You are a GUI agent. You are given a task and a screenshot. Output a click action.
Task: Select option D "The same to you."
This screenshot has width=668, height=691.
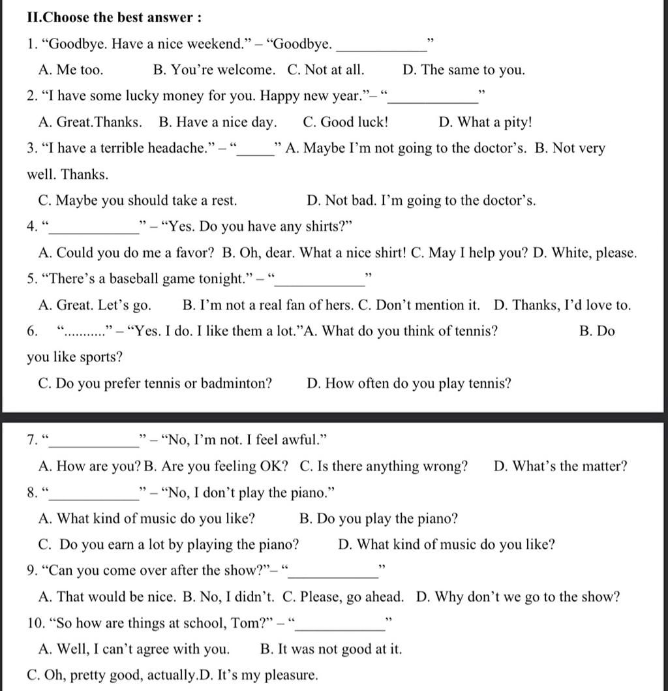point(464,70)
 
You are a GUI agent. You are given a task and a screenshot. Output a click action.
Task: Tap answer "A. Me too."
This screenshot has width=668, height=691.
point(70,70)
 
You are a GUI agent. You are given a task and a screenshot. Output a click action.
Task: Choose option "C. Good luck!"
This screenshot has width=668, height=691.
point(346,122)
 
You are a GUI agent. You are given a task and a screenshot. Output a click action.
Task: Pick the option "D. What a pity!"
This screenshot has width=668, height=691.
point(485,122)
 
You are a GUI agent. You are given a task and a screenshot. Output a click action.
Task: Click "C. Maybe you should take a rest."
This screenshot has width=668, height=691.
point(138,200)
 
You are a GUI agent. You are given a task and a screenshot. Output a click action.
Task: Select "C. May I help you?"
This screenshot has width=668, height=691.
point(470,253)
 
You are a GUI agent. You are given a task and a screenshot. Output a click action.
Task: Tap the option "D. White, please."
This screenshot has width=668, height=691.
point(584,253)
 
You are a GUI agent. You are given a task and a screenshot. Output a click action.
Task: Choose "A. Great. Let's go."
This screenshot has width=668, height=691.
point(95,305)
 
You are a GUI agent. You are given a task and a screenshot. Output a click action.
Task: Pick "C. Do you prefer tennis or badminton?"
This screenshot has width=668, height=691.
point(155,383)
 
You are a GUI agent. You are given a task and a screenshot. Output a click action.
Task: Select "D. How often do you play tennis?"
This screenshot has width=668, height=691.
point(408,383)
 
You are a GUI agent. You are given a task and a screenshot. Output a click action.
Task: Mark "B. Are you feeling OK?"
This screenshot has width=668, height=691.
point(216,467)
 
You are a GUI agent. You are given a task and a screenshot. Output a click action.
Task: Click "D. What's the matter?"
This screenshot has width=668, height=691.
point(560,467)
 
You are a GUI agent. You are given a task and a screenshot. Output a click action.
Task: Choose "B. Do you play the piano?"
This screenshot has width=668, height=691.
point(378,519)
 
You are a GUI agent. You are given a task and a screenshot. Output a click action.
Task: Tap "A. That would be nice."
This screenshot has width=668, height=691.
point(107,597)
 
